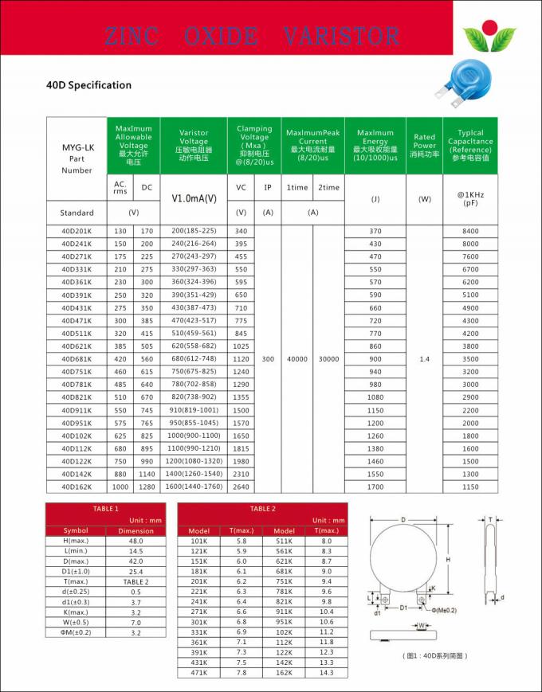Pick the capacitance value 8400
(470, 231)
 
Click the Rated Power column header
(424, 146)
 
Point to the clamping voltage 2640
(242, 487)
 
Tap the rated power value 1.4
(424, 359)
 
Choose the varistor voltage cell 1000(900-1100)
(194, 436)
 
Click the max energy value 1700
(375, 487)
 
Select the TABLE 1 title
(105, 508)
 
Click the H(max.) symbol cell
(76, 541)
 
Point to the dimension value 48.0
(135, 541)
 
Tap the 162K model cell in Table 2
(285, 673)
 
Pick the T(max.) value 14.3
(326, 673)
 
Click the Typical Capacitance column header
(470, 146)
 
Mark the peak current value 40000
(297, 359)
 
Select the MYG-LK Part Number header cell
(77, 158)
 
